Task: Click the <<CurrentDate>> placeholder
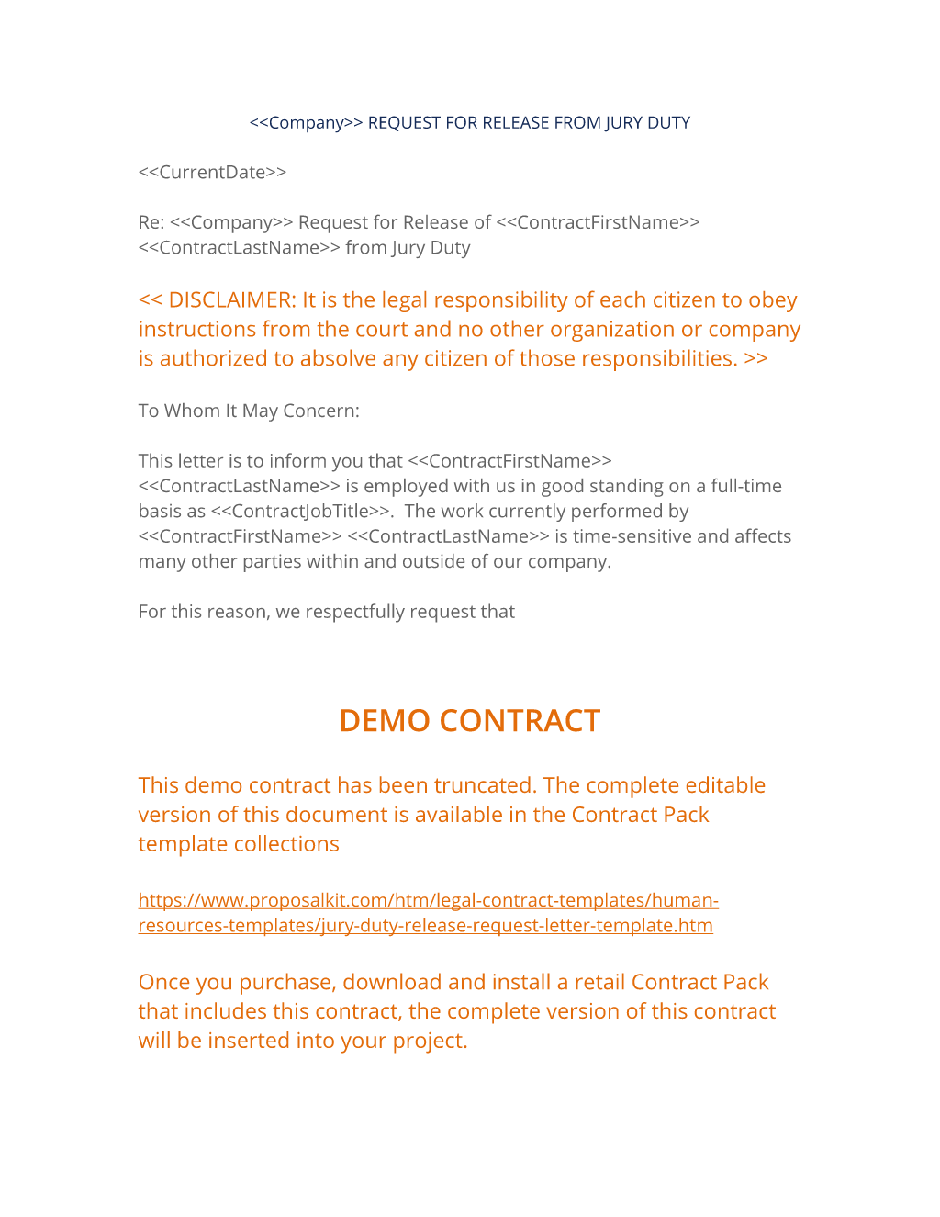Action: click(212, 173)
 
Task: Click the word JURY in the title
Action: click(625, 123)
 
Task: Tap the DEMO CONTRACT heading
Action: click(469, 721)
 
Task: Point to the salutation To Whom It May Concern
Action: click(249, 411)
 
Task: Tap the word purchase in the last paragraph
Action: click(288, 982)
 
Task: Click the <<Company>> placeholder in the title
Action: click(307, 123)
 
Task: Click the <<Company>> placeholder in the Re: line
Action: click(231, 222)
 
